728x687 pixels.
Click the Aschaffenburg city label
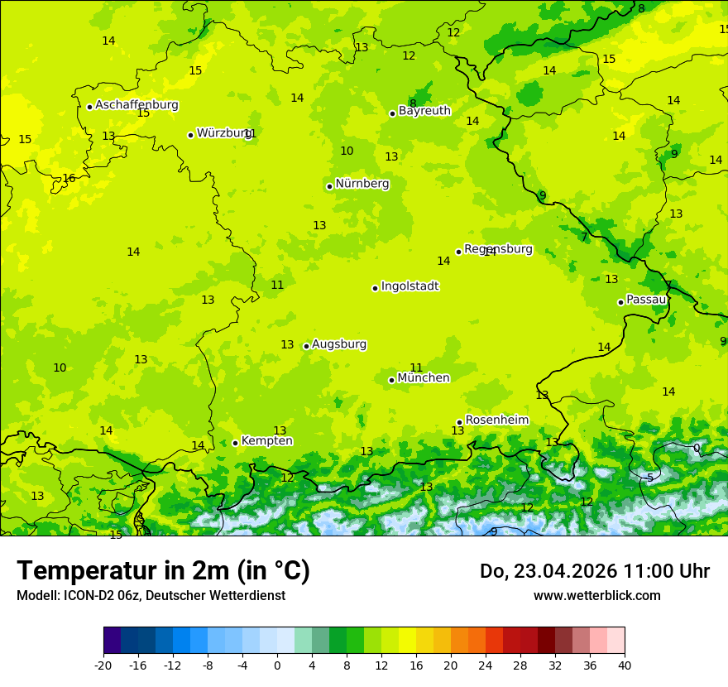136,105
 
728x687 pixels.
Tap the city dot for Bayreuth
393,113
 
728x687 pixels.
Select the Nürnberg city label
362,184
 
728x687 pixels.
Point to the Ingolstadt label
409,286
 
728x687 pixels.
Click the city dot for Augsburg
306,346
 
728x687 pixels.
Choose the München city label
424,378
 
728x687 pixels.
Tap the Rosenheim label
496,420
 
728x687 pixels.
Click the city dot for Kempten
235,443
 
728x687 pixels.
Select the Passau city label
645,300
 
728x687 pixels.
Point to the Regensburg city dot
458,252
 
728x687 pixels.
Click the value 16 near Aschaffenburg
69,179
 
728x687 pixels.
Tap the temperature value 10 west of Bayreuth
347,151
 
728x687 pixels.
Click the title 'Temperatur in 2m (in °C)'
163,571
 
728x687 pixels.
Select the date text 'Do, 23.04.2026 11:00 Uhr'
594,571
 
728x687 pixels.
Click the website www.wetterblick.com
596,596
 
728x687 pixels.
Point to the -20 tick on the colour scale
103,665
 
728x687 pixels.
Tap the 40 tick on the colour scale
625,665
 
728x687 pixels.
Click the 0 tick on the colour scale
277,665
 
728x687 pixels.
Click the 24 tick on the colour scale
486,665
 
